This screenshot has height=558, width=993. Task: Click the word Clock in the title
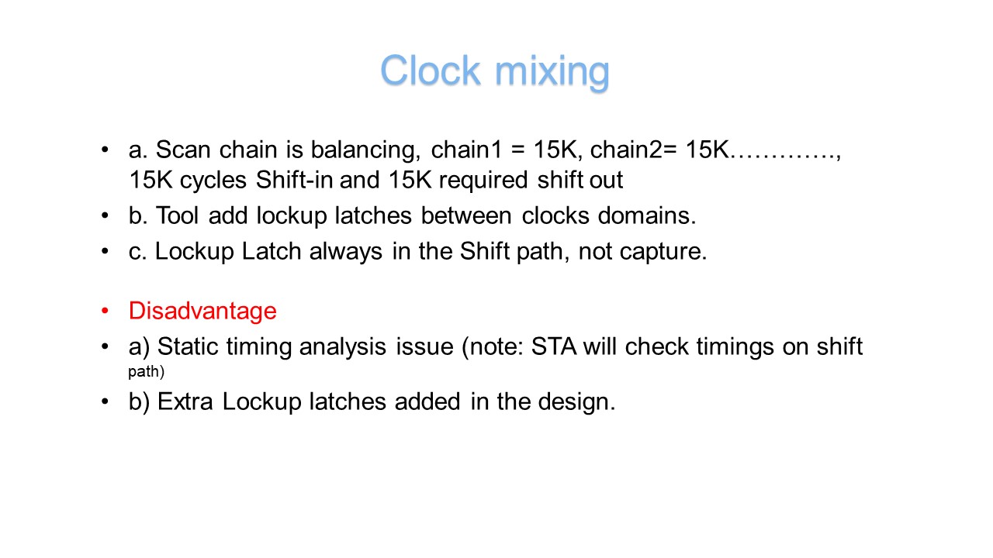tap(431, 70)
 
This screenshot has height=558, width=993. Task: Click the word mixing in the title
tap(552, 73)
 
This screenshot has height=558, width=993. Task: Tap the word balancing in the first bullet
tap(365, 150)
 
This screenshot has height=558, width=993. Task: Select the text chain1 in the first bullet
tap(466, 150)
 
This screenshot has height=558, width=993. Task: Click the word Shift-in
tap(294, 180)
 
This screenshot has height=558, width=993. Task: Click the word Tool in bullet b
tap(176, 215)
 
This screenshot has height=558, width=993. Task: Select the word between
tap(466, 215)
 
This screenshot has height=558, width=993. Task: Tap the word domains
tap(647, 215)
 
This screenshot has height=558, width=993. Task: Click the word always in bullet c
tap(346, 252)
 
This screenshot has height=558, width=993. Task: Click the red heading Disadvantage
tap(202, 311)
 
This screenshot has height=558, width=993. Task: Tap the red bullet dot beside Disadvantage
tap(105, 311)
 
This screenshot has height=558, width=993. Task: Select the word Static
tap(188, 346)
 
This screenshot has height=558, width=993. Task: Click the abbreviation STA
tap(554, 346)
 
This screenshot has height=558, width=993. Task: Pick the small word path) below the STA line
tap(147, 371)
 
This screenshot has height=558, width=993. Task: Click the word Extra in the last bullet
tap(185, 401)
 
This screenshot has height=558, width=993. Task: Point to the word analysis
tap(343, 346)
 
